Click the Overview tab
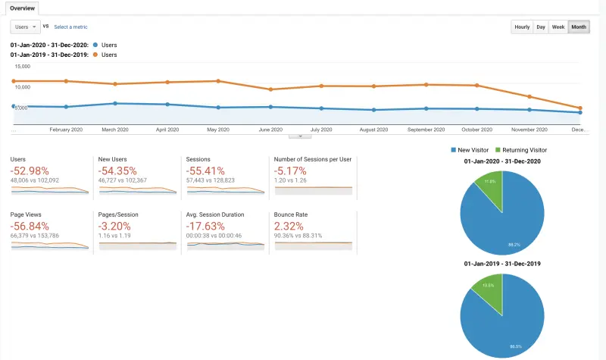22,8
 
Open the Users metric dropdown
25,27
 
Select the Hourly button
522,27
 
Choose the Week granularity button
558,27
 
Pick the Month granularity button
579,27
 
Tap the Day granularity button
541,27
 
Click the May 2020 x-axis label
218,130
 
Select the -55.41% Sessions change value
206,170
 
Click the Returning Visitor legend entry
523,150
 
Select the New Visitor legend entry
473,150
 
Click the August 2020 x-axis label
373,130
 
